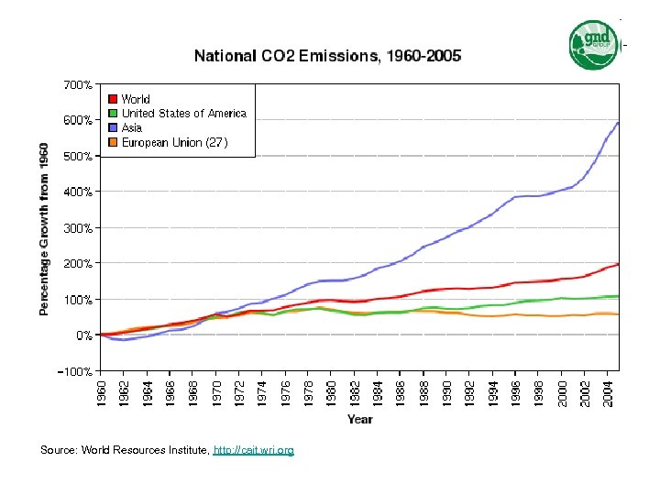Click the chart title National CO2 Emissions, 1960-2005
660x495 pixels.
coord(327,56)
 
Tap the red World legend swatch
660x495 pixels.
coord(112,99)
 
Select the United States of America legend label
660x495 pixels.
coord(184,114)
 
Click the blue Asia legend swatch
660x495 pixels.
coord(112,128)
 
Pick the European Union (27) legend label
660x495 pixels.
coord(174,143)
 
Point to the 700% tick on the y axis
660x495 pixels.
coord(77,84)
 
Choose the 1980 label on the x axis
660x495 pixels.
coord(330,390)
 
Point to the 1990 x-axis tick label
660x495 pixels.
coord(445,390)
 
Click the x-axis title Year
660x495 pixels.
coord(359,419)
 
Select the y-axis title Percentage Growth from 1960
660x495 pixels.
coord(44,228)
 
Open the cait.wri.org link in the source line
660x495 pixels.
coord(253,451)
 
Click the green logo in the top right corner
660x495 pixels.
coord(594,44)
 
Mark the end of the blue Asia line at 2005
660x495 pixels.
coord(618,122)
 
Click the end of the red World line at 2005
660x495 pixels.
coord(618,264)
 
